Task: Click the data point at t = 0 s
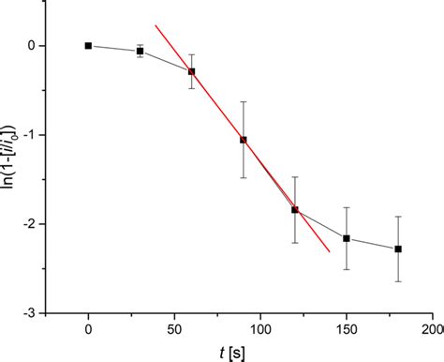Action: [x=88, y=45]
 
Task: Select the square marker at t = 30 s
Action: [x=140, y=51]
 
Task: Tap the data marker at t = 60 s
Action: [x=192, y=71]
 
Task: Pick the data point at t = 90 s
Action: [x=244, y=140]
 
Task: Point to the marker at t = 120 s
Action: [x=295, y=209]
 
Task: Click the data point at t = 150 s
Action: [x=347, y=238]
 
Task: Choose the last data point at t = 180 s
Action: [x=398, y=249]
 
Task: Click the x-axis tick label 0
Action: [x=88, y=329]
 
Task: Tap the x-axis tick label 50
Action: [x=174, y=329]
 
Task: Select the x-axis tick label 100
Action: [x=260, y=329]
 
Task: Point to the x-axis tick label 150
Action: [x=347, y=329]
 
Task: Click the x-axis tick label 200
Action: [x=431, y=329]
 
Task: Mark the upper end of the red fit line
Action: [x=155, y=25]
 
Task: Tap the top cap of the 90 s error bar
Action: [x=244, y=101]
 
